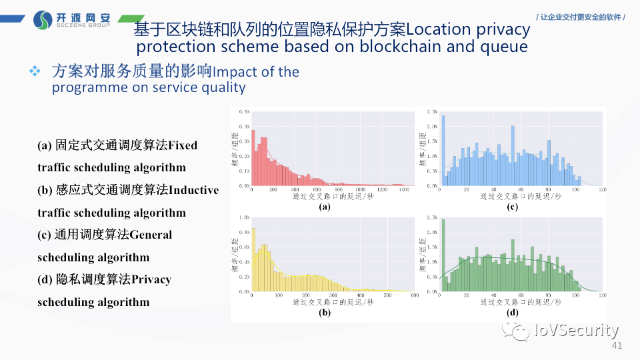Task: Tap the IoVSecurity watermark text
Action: click(577, 330)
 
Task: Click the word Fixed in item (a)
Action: click(183, 145)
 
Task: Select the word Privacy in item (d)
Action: click(152, 279)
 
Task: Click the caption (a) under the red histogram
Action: click(325, 207)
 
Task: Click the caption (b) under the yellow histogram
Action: click(325, 312)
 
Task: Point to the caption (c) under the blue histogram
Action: click(513, 207)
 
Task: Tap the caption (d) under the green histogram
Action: click(513, 312)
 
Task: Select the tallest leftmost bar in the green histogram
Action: click(443, 256)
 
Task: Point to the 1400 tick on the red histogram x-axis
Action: click(404, 190)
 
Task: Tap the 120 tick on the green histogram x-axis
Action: click(602, 295)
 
